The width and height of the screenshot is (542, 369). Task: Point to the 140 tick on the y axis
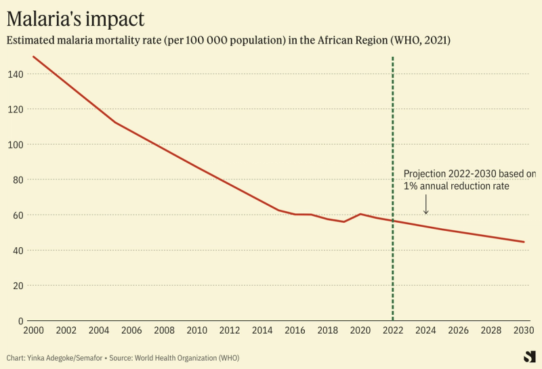tap(15, 74)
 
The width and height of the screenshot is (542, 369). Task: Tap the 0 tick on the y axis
tap(20, 320)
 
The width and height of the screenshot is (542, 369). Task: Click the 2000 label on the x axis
tap(33, 330)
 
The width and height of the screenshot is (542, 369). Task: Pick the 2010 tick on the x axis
tap(197, 330)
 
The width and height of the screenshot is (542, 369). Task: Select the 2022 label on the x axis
tap(393, 330)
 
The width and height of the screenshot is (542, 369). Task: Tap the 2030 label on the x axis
tap(524, 330)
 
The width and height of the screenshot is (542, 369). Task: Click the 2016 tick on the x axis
tap(295, 330)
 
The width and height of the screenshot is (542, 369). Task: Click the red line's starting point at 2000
tap(34, 57)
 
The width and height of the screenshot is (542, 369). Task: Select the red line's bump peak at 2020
tap(360, 214)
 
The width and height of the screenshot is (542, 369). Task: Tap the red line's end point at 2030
tap(524, 242)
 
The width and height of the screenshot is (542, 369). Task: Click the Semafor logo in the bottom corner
tap(529, 357)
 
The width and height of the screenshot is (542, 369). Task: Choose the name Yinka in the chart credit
tap(39, 357)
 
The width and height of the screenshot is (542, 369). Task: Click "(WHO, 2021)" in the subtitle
tap(421, 41)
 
